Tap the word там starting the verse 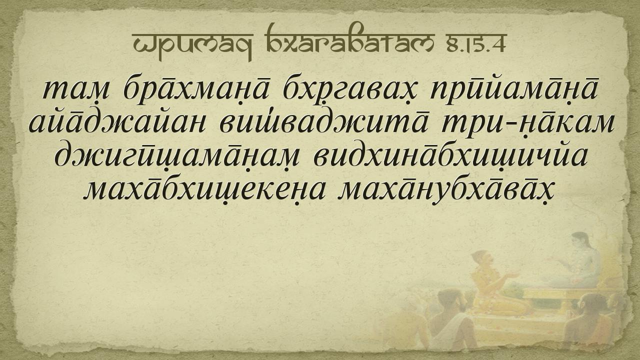pyautogui.click(x=76, y=90)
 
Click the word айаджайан pyautogui.click(x=117, y=124)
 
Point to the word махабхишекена pyautogui.click(x=204, y=190)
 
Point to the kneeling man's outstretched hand pyautogui.click(x=511, y=275)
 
